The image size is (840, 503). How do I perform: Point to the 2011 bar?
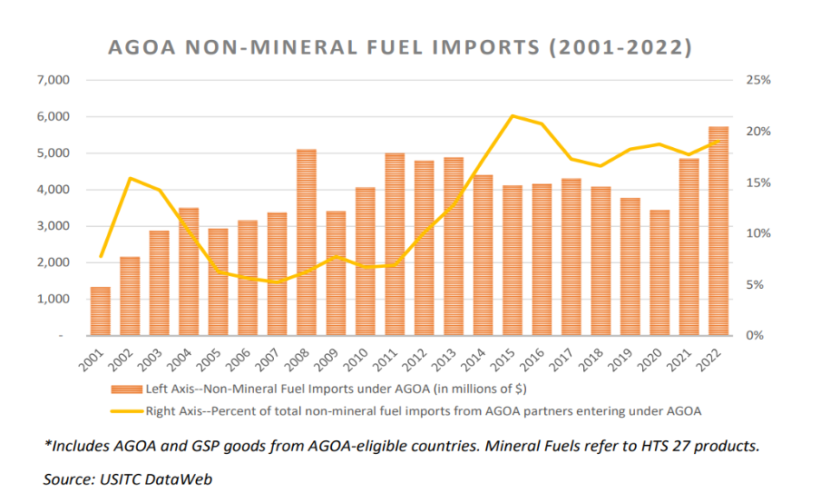[395, 244]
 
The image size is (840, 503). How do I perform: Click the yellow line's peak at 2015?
[513, 115]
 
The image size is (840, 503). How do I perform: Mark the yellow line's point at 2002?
[130, 178]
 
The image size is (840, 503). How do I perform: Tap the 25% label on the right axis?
[758, 81]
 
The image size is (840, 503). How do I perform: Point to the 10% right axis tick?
[758, 233]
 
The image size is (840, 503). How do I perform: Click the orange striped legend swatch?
[126, 390]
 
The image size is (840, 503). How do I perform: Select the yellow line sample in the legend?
[126, 410]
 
